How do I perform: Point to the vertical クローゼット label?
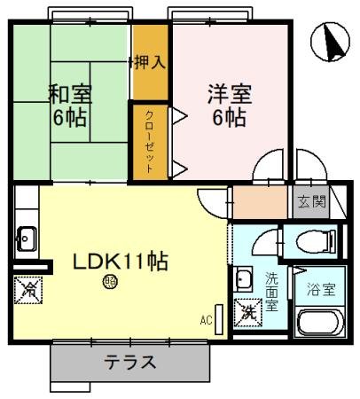pyautogui.click(x=149, y=140)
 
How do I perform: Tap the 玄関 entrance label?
pyautogui.click(x=311, y=200)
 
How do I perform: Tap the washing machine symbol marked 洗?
pyautogui.click(x=248, y=312)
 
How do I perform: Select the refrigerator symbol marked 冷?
pyautogui.click(x=27, y=289)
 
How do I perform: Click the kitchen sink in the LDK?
pyautogui.click(x=26, y=237)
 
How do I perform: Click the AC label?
pyautogui.click(x=206, y=320)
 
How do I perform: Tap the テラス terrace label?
pyautogui.click(x=130, y=361)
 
